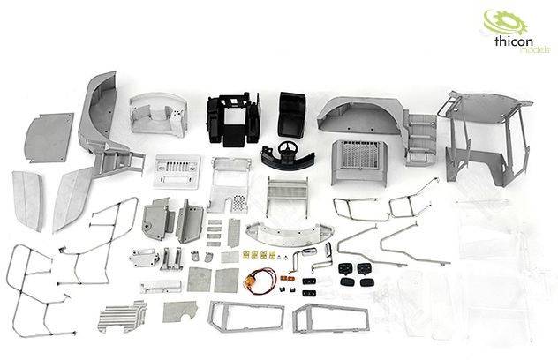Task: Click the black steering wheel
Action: click(284, 150)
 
